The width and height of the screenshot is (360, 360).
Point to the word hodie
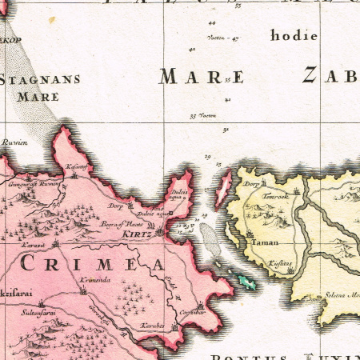point(294,36)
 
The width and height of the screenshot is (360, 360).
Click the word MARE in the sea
point(200,77)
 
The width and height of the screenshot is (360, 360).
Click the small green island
point(246,280)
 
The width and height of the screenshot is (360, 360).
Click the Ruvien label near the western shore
point(16,142)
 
